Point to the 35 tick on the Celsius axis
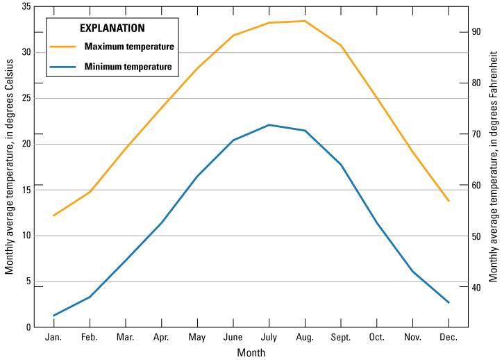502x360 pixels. coord(25,6)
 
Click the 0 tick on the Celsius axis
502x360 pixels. coord(28,327)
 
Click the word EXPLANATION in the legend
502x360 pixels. coord(112,28)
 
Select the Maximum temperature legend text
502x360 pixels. coord(128,47)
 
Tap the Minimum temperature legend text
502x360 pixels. coord(128,67)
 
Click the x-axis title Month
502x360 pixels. coord(251,352)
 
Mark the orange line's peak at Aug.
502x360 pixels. coord(305,21)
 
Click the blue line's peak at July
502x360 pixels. coord(269,125)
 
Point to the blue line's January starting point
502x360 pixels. coord(53,316)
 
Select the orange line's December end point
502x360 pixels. coord(449,201)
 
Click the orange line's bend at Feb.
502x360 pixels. coord(90,192)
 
